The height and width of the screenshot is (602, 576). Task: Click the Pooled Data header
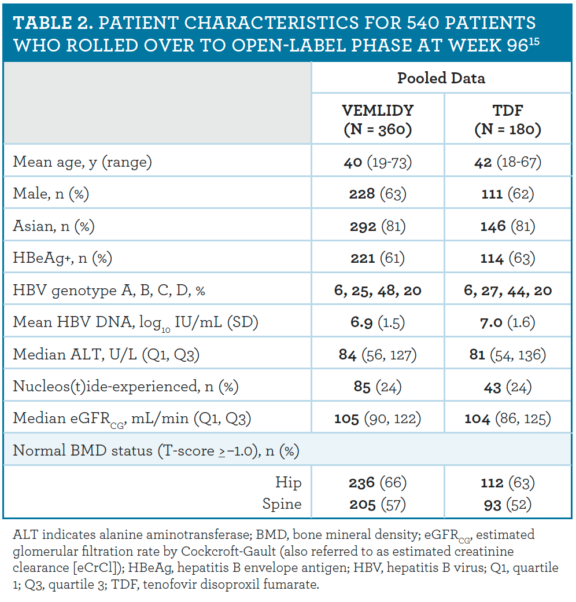pyautogui.click(x=441, y=78)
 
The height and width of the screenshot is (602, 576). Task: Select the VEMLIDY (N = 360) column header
pyautogui.click(x=378, y=120)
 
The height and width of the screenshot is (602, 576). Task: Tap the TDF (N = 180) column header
pyautogui.click(x=507, y=120)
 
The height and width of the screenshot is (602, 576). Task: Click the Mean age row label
pyautogui.click(x=82, y=161)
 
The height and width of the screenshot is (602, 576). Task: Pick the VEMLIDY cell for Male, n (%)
pyautogui.click(x=378, y=193)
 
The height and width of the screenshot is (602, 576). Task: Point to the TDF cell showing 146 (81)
pyautogui.click(x=507, y=226)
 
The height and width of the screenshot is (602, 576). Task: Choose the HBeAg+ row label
pyautogui.click(x=54, y=258)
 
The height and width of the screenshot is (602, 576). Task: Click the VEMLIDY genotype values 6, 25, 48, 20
pyautogui.click(x=378, y=290)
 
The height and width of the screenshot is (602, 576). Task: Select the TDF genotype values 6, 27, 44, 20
pyautogui.click(x=507, y=290)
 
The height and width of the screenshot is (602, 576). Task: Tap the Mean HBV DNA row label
pyautogui.click(x=135, y=322)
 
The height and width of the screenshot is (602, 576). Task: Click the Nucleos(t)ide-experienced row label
pyautogui.click(x=125, y=386)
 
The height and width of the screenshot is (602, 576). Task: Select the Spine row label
pyautogui.click(x=282, y=504)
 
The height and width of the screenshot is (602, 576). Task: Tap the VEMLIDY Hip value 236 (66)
pyautogui.click(x=378, y=482)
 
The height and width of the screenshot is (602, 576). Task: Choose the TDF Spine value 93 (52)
pyautogui.click(x=507, y=504)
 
